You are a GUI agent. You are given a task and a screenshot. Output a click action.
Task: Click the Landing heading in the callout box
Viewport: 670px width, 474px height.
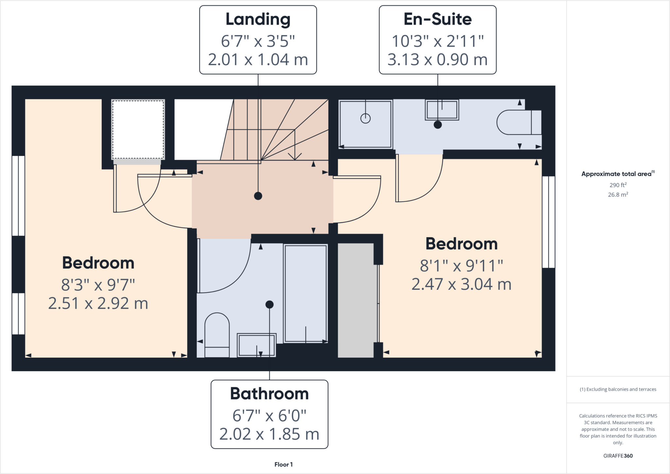[x=258, y=19]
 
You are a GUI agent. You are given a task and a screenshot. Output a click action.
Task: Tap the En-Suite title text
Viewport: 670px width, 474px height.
[x=437, y=19]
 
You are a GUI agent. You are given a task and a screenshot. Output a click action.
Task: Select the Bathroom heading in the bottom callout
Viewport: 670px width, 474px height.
[x=269, y=394]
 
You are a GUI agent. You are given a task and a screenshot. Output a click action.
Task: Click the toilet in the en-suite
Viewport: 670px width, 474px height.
[x=519, y=122]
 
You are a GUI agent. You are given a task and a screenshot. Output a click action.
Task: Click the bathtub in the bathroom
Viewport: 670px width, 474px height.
[x=306, y=293]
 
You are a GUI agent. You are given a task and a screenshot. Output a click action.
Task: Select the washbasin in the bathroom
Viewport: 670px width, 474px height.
[x=256, y=345]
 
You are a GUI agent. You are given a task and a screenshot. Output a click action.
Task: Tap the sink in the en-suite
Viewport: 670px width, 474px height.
[x=442, y=110]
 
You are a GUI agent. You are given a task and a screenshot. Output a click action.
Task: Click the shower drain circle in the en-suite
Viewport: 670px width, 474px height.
[x=365, y=118]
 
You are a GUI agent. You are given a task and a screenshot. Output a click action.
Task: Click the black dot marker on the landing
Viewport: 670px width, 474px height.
[x=258, y=196]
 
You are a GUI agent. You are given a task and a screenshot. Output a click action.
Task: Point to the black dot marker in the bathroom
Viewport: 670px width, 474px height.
[x=269, y=305]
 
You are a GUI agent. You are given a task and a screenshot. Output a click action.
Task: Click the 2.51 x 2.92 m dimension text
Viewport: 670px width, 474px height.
[x=98, y=303]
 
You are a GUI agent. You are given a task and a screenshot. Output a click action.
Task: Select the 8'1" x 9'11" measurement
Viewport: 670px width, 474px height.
[x=461, y=266]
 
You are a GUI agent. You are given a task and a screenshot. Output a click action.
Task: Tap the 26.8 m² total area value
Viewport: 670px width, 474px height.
[x=618, y=195]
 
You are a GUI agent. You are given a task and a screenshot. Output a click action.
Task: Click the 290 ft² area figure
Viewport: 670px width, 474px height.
[x=618, y=185]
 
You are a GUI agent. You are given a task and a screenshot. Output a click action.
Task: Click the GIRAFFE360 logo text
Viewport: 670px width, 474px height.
[x=618, y=456]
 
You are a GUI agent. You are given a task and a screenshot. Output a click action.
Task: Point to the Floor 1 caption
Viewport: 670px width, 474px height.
[x=283, y=465]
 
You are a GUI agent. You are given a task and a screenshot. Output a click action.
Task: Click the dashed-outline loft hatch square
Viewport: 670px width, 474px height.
[x=138, y=130]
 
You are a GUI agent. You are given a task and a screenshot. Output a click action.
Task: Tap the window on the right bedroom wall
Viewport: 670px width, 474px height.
[x=548, y=222]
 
